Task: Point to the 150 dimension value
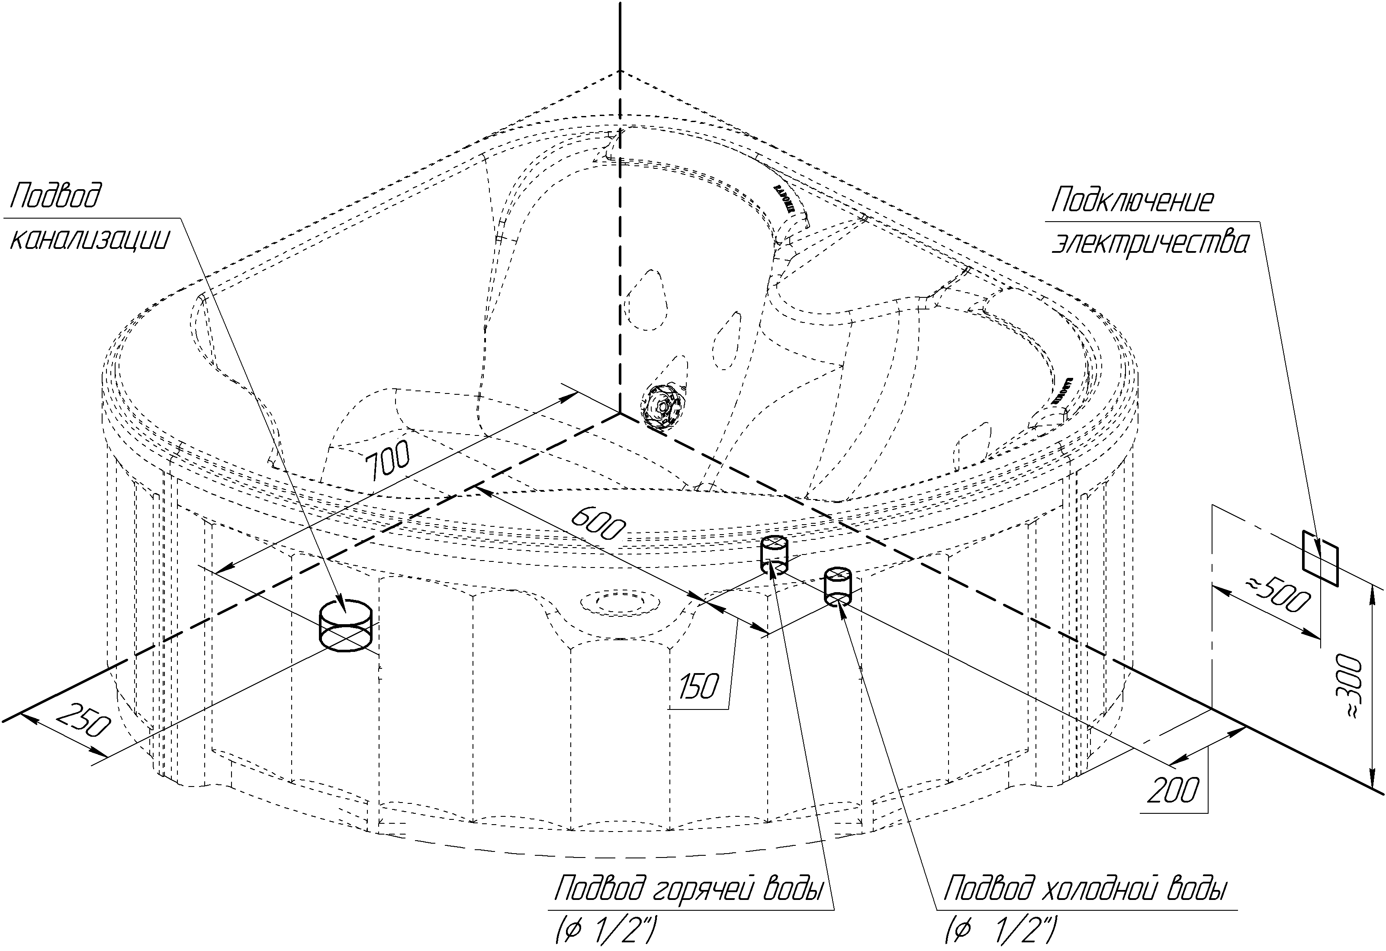point(699,687)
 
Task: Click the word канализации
point(90,239)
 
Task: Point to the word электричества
point(1149,243)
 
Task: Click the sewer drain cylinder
point(345,625)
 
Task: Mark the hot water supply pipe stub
point(774,554)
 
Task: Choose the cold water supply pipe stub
point(837,586)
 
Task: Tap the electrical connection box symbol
point(1320,557)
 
